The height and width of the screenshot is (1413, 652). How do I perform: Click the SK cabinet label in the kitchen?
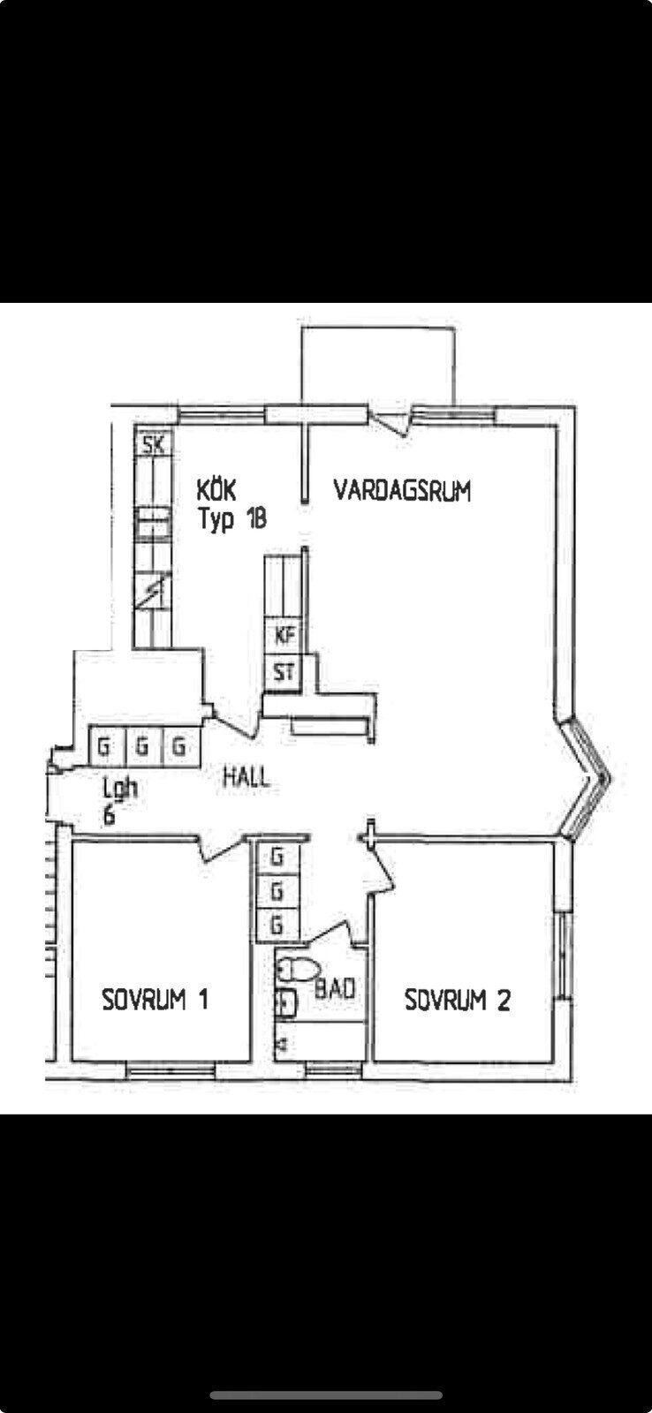[x=154, y=444]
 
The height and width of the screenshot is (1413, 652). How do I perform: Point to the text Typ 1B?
[x=231, y=519]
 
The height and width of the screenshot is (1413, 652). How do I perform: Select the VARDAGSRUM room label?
[x=402, y=490]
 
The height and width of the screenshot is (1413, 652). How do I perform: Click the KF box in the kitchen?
[x=284, y=635]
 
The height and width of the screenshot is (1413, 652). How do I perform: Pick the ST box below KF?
[x=284, y=673]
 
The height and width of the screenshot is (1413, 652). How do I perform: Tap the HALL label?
[x=246, y=778]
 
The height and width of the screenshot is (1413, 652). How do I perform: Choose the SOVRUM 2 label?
[x=457, y=1000]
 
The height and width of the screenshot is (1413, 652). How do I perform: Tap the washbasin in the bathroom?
[x=284, y=1002]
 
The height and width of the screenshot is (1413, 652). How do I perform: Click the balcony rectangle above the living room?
[x=379, y=366]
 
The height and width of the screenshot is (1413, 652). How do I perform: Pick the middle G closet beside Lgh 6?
[x=140, y=747]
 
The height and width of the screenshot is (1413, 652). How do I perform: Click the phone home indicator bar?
[x=326, y=1395]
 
